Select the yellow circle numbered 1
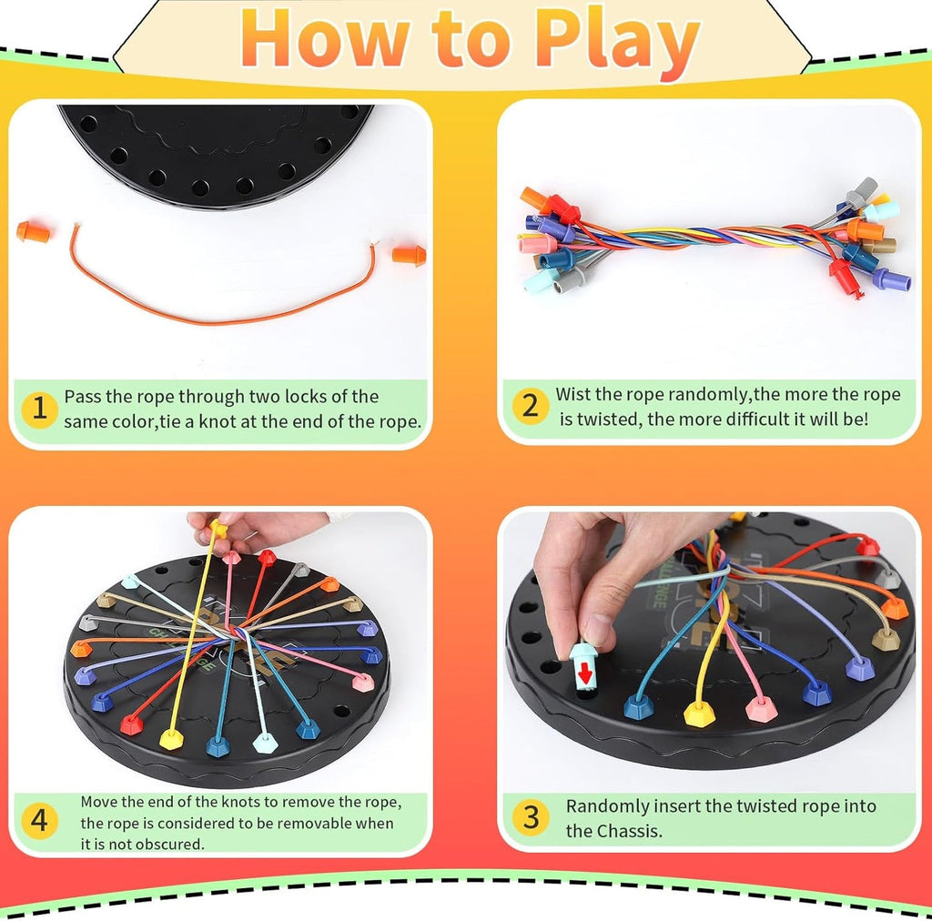point(39,409)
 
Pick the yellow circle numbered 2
point(530,406)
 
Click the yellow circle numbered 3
point(530,816)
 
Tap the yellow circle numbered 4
point(39,821)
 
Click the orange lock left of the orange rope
point(32,233)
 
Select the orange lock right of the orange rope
point(410,255)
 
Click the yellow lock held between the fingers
point(218,527)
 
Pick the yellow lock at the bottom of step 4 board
point(171,739)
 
